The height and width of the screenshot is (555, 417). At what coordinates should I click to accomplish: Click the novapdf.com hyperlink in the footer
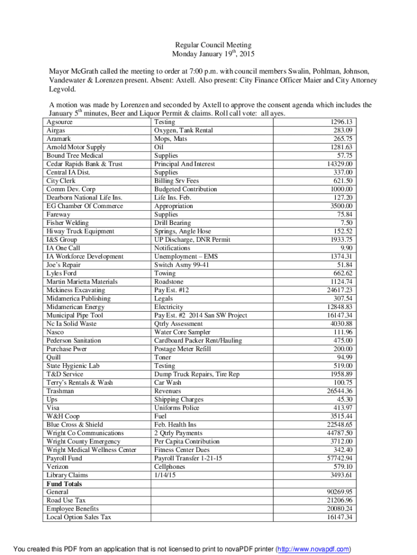(x=314, y=548)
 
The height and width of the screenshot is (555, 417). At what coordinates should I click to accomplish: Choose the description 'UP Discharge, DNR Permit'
(x=192, y=240)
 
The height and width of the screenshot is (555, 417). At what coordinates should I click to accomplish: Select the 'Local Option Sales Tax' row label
(x=79, y=517)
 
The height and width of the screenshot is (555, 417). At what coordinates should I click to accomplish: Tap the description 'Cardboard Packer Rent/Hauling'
(x=198, y=340)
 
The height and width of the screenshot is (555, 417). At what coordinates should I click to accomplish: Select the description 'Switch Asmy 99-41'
(x=182, y=264)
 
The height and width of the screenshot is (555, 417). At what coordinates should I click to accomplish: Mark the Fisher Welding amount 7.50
(x=347, y=223)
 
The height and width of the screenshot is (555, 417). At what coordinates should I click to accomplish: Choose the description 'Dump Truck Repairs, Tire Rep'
(x=197, y=374)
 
